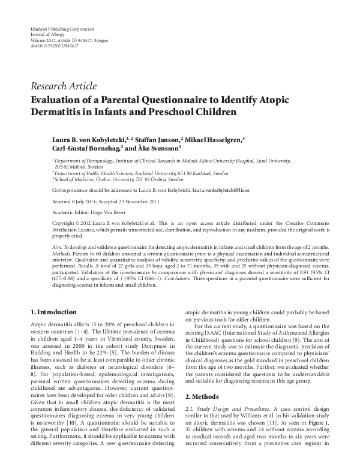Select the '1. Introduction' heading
[53, 312]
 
